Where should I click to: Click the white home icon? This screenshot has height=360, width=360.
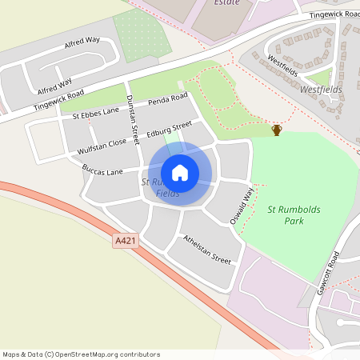[x=180, y=173]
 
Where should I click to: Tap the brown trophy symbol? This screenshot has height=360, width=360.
[x=277, y=130]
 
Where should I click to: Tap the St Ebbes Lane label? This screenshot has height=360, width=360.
[x=95, y=115]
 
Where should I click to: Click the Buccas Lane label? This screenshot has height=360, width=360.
[x=102, y=170]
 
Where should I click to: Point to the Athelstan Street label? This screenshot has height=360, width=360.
[x=206, y=250]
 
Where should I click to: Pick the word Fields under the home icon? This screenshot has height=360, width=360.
[x=168, y=194]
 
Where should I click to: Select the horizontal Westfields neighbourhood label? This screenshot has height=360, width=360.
[x=320, y=90]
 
